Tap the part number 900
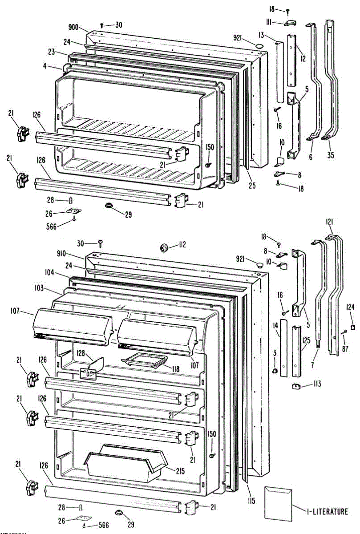click(73, 28)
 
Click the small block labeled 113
click(295, 386)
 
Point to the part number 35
click(330, 156)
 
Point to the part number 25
click(252, 185)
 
